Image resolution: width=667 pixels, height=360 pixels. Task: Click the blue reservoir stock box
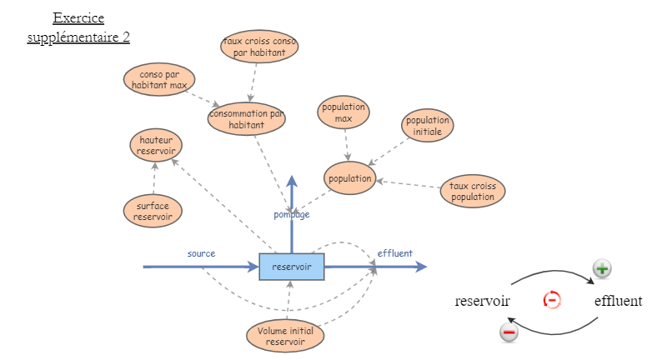[291, 267]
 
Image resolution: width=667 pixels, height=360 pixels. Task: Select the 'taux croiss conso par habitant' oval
[259, 47]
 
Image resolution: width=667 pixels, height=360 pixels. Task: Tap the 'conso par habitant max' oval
[160, 79]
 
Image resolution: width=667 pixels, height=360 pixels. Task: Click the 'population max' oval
[344, 112]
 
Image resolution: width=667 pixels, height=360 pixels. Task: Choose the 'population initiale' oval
[428, 126]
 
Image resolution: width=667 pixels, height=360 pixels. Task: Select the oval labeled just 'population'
[349, 179]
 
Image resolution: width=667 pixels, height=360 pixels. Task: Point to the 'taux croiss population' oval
[473, 192]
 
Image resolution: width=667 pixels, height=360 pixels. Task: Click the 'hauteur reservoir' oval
[156, 145]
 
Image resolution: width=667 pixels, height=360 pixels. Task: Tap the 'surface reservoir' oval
[153, 210]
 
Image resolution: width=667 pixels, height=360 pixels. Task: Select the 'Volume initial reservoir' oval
[286, 336]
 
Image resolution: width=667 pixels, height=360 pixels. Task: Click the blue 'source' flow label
[201, 252]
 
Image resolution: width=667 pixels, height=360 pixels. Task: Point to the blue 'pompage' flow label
[292, 214]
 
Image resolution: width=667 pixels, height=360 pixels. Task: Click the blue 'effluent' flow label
[394, 253]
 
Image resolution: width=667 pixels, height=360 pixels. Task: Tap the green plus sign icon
[602, 269]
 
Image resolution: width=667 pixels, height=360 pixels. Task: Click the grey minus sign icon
[509, 332]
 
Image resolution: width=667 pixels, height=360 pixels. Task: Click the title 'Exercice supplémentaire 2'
[78, 27]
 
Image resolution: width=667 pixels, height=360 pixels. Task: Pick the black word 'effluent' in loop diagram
[618, 301]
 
